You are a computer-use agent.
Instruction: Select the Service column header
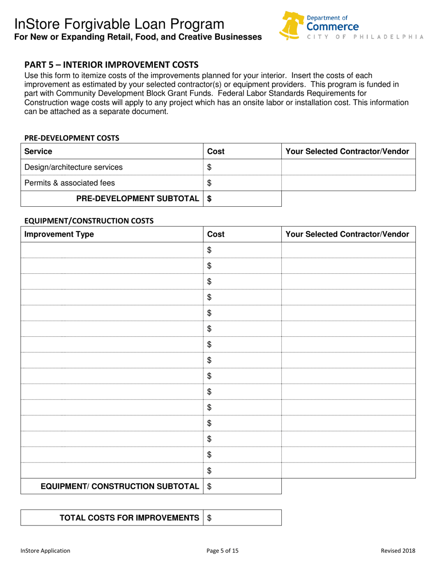[x=38, y=151]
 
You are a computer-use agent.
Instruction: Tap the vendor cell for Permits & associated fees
[x=347, y=183]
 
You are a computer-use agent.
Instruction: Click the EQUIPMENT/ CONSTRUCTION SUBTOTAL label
[x=120, y=486]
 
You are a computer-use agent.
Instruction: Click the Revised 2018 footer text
[x=398, y=550]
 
